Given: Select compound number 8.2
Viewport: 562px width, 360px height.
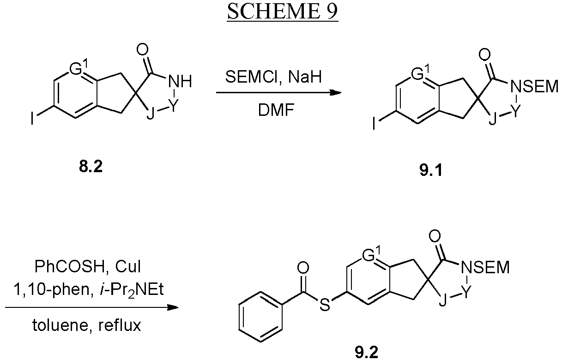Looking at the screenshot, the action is (91, 167).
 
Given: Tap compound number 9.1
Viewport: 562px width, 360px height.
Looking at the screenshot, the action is (430, 170).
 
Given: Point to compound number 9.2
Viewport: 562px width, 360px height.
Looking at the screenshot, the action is (367, 352).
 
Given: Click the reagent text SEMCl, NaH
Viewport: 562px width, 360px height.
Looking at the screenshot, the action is (273, 77).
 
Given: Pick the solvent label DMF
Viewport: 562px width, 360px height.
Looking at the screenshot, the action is (276, 110).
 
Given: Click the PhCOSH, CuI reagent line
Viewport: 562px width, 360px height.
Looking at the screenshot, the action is (88, 266).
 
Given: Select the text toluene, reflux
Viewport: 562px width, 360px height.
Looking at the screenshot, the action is (87, 325).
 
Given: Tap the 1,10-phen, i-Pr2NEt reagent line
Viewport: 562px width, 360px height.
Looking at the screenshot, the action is (89, 290).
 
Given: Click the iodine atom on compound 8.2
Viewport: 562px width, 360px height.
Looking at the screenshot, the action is (32, 118).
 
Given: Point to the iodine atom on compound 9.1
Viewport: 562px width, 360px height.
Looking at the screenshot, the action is (374, 123).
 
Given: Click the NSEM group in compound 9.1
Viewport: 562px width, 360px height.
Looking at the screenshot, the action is (534, 86).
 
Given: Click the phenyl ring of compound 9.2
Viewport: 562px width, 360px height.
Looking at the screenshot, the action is (260, 317).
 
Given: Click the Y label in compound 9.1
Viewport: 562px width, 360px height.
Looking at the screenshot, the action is (515, 112).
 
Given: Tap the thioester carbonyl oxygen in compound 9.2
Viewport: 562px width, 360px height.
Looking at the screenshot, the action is (303, 268).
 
